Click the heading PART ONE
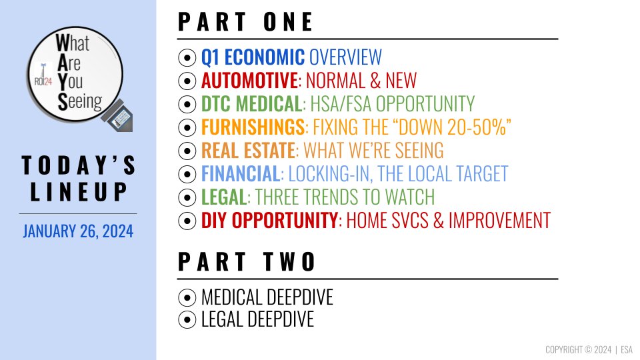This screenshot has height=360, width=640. click(245, 21)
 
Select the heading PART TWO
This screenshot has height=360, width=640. click(247, 261)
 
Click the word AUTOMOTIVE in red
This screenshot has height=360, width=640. click(249, 80)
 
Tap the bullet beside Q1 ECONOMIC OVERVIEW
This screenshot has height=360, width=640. click(187, 57)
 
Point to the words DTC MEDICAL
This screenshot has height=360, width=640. click(251, 104)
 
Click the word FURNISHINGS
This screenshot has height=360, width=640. click(253, 127)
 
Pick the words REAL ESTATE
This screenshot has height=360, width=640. click(248, 150)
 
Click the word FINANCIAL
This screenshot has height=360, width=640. click(241, 173)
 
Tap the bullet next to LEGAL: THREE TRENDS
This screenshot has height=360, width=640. click(187, 197)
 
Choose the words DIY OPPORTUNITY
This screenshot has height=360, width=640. click(269, 221)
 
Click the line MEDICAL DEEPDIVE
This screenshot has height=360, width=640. click(267, 297)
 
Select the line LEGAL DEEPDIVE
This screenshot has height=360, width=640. click(257, 319)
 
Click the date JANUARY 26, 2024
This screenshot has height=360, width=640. click(78, 231)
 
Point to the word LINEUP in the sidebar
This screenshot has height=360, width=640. click(79, 192)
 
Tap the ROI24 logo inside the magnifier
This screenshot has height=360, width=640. click(43, 76)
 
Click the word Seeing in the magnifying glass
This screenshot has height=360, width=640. click(80, 101)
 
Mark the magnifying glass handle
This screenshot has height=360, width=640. click(119, 116)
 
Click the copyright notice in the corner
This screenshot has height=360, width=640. click(589, 349)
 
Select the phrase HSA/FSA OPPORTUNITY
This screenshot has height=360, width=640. click(392, 104)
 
